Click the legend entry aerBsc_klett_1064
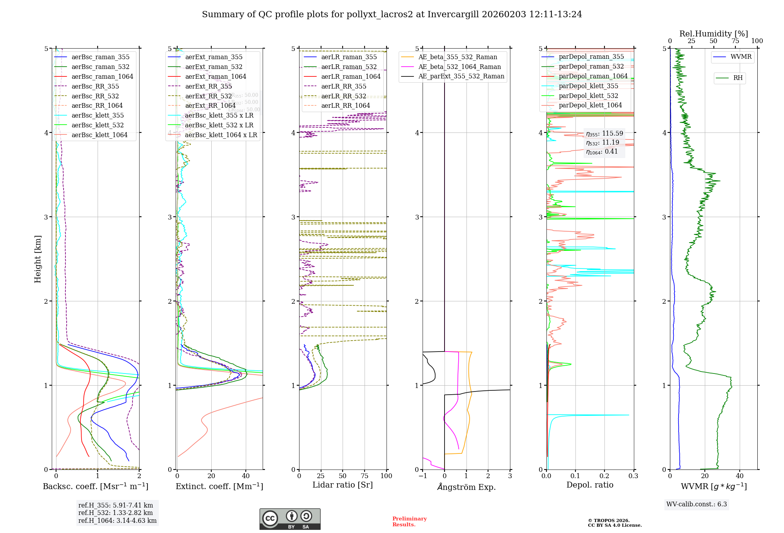coord(99,135)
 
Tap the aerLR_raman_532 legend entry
coord(348,67)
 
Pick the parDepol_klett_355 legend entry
coord(588,86)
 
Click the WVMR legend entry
coord(741,57)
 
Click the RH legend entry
coord(738,78)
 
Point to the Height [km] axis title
coord(38,259)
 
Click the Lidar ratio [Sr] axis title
coord(342,485)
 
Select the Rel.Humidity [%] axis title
coord(713,34)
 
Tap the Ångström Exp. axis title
coord(466,487)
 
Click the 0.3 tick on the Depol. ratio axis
coord(633,476)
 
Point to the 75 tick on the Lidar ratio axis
coord(365,476)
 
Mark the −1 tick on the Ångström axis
coord(423,476)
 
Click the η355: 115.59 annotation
coord(604,134)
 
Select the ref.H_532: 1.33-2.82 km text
coord(116,513)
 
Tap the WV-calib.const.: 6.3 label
coord(697,504)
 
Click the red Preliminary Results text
coord(409,522)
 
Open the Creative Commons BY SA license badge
coord(290,519)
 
